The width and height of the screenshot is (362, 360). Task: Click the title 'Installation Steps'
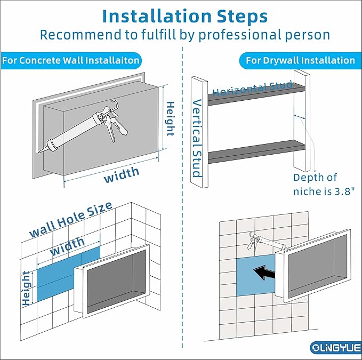[185, 16]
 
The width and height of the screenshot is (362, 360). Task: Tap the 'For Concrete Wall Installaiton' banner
[71, 60]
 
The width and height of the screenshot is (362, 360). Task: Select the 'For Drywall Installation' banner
[300, 60]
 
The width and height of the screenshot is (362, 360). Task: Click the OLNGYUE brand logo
[336, 348]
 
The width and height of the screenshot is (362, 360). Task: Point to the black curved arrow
[264, 272]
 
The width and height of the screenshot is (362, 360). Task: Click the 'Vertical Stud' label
[197, 138]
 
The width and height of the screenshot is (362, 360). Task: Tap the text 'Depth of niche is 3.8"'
[324, 185]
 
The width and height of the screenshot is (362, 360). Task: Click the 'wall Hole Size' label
[71, 219]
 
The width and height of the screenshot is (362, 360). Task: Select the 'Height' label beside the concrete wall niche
[170, 118]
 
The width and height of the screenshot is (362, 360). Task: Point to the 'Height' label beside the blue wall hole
[26, 289]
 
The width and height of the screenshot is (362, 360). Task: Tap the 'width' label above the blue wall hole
[67, 246]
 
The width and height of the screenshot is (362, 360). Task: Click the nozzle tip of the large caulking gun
[39, 152]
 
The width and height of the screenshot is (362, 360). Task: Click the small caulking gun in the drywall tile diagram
[266, 243]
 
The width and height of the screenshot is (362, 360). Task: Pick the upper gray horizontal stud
[256, 95]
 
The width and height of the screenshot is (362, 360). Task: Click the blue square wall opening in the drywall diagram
[256, 275]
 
